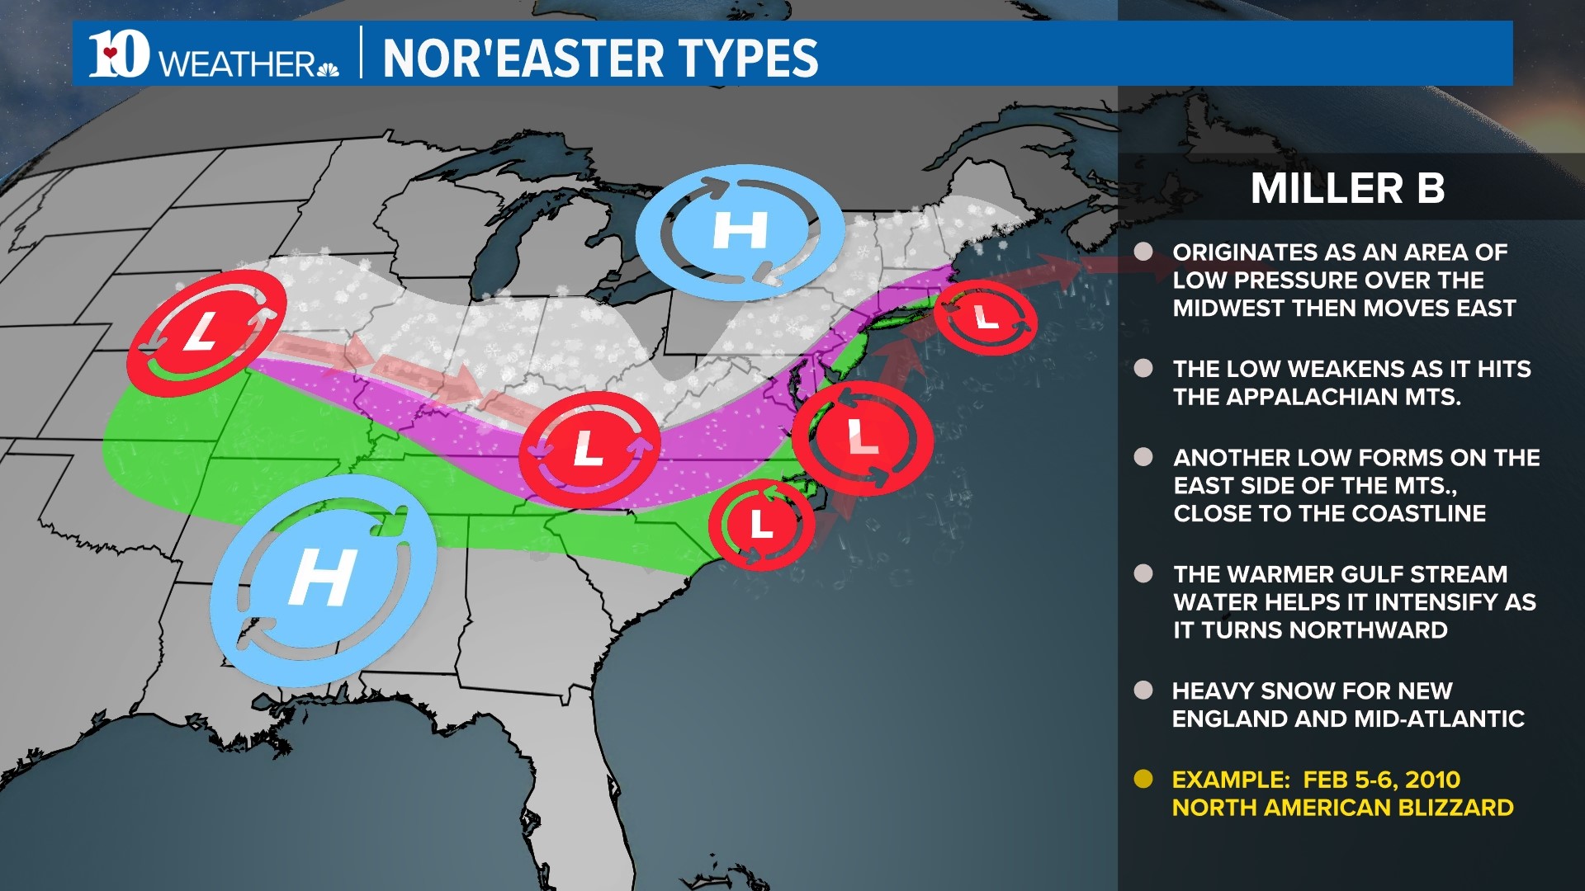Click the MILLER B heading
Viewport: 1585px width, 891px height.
pyautogui.click(x=1347, y=188)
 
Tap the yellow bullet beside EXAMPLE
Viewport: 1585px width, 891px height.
pyautogui.click(x=1143, y=780)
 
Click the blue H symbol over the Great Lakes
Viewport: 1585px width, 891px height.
pyautogui.click(x=740, y=230)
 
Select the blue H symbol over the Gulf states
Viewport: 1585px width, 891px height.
pyautogui.click(x=324, y=578)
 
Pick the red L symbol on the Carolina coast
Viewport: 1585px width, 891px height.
pyautogui.click(x=761, y=523)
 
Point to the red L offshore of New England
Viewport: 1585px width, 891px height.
pyautogui.click(x=986, y=317)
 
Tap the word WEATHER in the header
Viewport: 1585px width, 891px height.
pyautogui.click(x=237, y=64)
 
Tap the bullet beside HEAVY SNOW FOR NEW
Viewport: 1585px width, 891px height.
pyautogui.click(x=1143, y=691)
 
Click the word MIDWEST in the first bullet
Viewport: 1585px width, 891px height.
pyautogui.click(x=1228, y=309)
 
